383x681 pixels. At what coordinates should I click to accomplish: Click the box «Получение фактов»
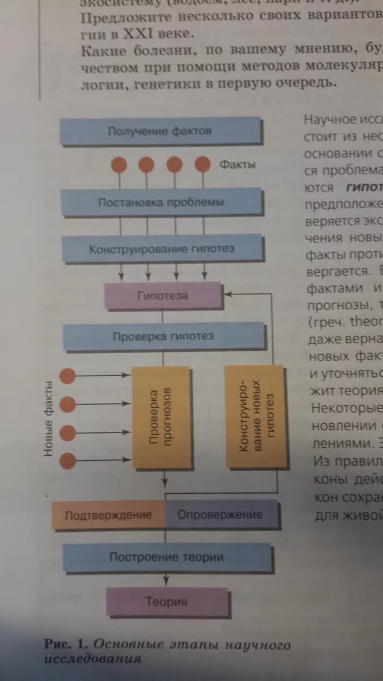point(160,131)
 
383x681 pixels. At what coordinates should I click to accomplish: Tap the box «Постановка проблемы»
point(161,203)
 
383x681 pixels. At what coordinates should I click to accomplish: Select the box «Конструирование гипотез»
point(161,249)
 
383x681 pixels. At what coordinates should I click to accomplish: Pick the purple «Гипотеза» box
point(163,296)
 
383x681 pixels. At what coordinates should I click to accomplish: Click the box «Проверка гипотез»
point(163,337)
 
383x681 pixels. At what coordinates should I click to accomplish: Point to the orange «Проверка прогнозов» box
point(161,417)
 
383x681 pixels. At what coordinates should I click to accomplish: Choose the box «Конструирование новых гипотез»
point(256,417)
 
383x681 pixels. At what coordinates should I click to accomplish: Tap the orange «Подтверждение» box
point(108,515)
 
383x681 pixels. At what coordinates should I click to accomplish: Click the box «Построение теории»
point(166,557)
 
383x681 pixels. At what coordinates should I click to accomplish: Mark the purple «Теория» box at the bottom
point(166,602)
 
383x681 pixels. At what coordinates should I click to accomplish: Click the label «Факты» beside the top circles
point(237,165)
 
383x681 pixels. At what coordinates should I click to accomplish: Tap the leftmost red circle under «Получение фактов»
point(119,165)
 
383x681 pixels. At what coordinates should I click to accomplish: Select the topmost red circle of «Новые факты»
point(68,375)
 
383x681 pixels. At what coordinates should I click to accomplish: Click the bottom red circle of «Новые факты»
point(68,460)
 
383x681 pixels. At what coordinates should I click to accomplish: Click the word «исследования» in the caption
point(92,658)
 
